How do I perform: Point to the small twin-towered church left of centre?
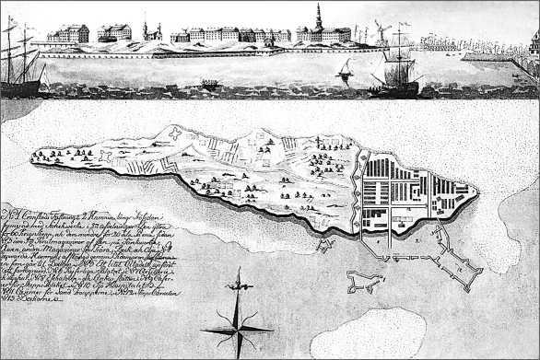click(x=150, y=31)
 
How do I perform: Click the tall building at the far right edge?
click(x=534, y=41)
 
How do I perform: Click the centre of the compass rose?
click(x=238, y=328)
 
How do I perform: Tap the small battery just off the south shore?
click(x=325, y=245)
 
